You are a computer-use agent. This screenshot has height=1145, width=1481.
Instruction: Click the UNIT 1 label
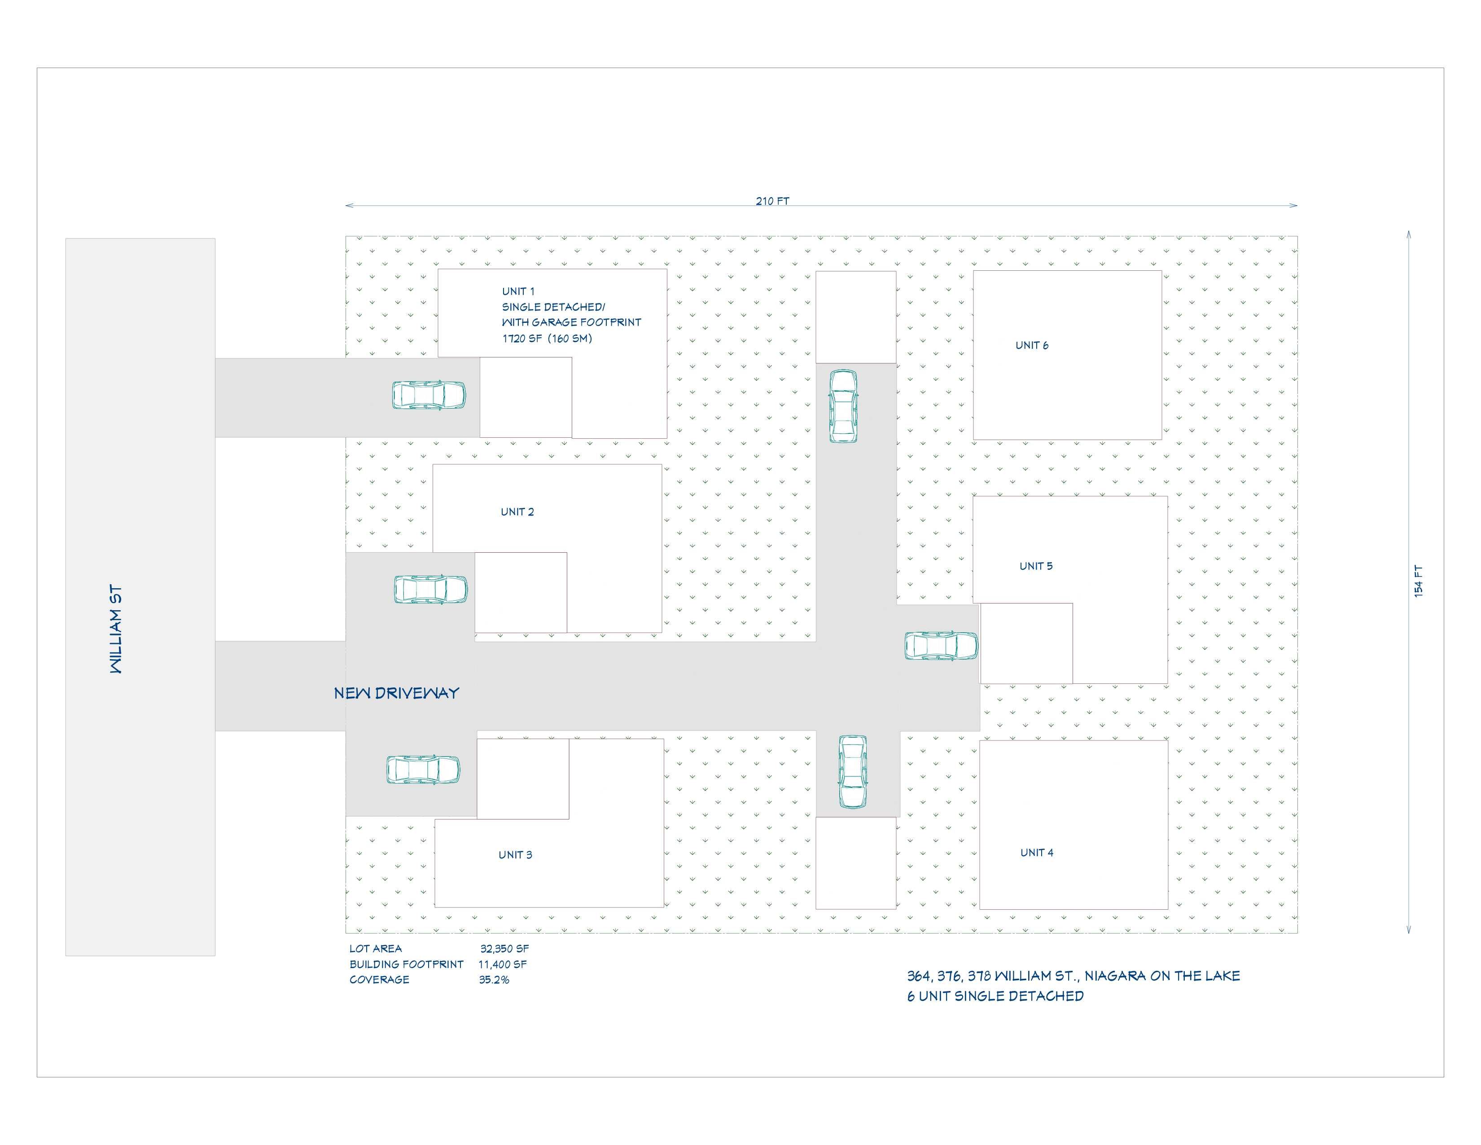coord(518,291)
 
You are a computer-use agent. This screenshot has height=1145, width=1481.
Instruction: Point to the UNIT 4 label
coord(1037,853)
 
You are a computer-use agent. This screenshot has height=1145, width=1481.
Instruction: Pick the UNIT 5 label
coord(1036,566)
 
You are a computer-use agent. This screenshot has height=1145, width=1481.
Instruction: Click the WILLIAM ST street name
coord(117,629)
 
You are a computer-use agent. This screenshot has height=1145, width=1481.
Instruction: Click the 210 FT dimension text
coord(772,201)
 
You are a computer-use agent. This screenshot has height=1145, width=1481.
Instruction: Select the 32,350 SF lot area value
coord(504,948)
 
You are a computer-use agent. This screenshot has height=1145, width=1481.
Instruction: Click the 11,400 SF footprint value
coord(503,964)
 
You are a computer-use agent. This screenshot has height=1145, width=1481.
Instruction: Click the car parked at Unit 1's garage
coord(429,395)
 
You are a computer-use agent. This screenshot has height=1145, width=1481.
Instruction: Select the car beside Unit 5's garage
coord(941,646)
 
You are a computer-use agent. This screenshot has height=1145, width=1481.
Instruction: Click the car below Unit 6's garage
coord(843,406)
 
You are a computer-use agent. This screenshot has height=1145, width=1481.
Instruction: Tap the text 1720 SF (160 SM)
coord(547,339)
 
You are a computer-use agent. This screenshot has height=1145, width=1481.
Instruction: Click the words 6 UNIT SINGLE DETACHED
coord(995,996)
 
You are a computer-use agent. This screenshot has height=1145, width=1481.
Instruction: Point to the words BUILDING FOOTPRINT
coord(406,964)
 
